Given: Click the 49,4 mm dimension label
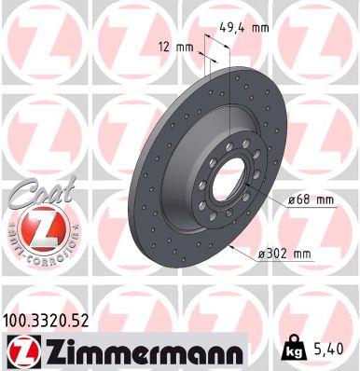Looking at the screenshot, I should [x=244, y=28].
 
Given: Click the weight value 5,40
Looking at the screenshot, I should [x=331, y=350].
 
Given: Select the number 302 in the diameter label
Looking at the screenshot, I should [x=279, y=253].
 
